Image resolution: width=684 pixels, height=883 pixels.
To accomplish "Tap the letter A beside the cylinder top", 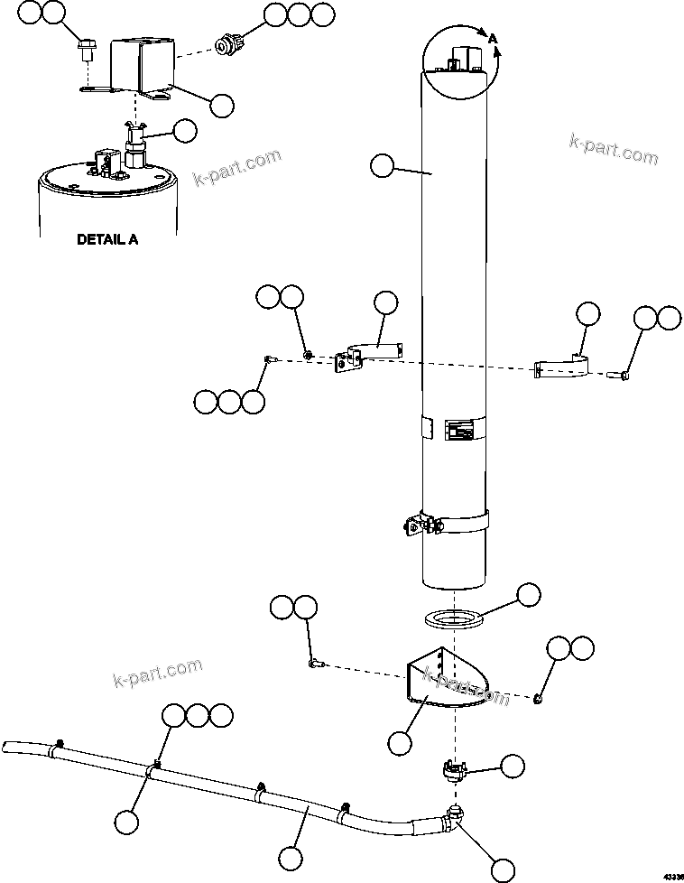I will pyautogui.click(x=493, y=39).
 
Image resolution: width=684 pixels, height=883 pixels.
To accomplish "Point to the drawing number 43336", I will pyautogui.click(x=672, y=875).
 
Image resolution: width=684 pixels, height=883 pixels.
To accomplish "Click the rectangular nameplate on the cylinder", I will pyautogui.click(x=458, y=431).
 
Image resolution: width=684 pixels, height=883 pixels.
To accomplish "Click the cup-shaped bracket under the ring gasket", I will pyautogui.click(x=439, y=678).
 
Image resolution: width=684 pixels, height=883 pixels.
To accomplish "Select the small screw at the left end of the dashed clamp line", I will pyautogui.click(x=269, y=360).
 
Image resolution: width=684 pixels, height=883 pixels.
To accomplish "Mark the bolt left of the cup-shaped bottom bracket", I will pyautogui.click(x=317, y=664).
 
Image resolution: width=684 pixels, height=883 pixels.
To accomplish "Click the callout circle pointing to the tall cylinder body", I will pyautogui.click(x=384, y=166).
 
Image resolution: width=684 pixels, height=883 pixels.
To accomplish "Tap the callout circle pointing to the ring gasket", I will pyautogui.click(x=527, y=595).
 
